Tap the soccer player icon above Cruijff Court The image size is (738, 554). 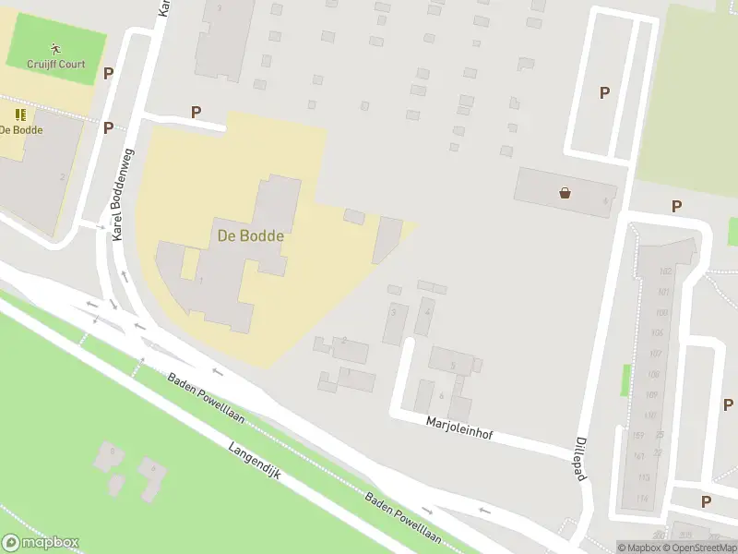pos(55,48)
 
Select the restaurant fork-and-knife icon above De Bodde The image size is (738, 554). pos(20,114)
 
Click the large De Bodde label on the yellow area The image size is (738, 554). pos(250,235)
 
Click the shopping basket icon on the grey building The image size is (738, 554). pos(565,193)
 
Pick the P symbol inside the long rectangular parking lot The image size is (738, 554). pos(605,92)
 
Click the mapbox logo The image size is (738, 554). pos(41,543)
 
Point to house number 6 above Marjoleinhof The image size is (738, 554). pos(441,396)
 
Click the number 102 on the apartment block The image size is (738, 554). pos(664,271)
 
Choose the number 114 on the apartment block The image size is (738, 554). pos(642,499)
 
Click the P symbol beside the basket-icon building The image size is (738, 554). pos(676,207)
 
